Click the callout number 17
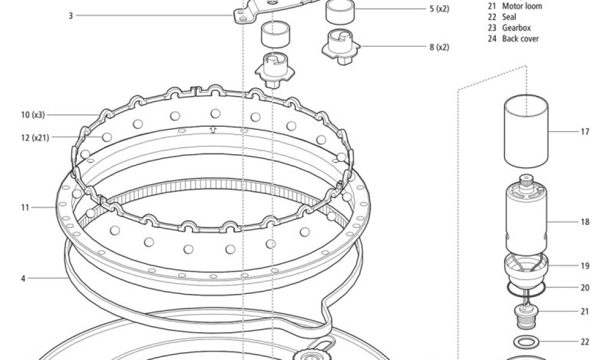pyautogui.click(x=585, y=131)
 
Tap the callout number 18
pyautogui.click(x=585, y=222)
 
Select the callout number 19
pyautogui.click(x=585, y=266)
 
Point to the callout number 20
pyautogui.click(x=585, y=287)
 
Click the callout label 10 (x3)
pyautogui.click(x=33, y=115)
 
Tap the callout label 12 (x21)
pyautogui.click(x=35, y=137)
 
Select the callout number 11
pyautogui.click(x=25, y=207)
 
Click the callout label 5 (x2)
pyautogui.click(x=440, y=8)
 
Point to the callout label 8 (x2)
pyautogui.click(x=440, y=47)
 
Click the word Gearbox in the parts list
pyautogui.click(x=516, y=28)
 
